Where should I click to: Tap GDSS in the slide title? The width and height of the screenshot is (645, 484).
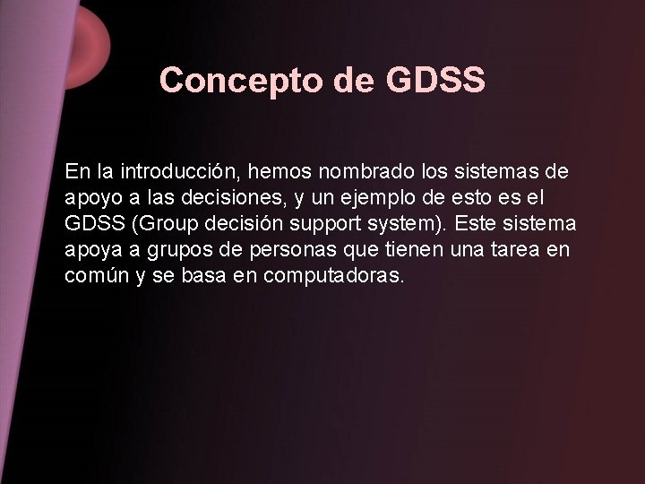tap(436, 81)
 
